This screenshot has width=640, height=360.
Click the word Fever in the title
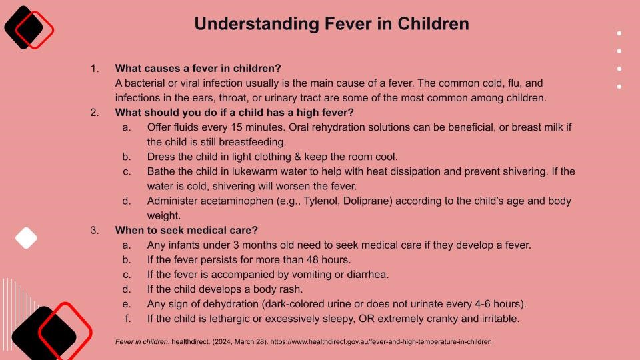348,24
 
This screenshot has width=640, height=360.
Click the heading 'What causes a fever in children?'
198,68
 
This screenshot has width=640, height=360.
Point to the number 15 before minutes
236,127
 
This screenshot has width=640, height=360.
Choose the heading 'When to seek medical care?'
187,230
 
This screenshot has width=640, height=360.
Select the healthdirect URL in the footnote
381,341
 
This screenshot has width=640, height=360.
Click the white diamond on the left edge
26,238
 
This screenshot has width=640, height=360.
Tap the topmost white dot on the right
619,33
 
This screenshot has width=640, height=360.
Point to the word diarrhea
368,275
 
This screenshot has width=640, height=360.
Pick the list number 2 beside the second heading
94,113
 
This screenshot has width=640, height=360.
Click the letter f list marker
128,319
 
